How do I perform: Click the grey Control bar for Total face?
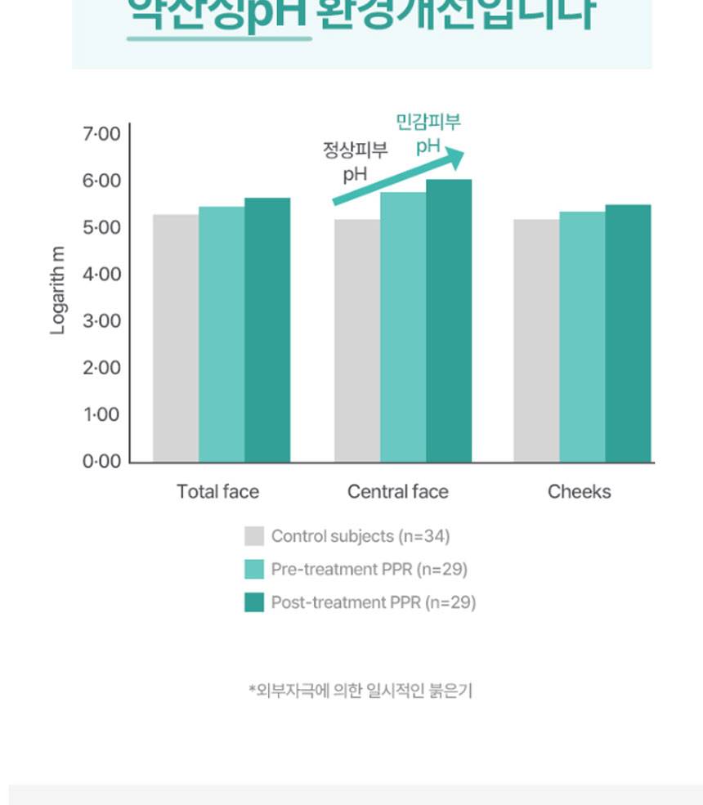(x=176, y=338)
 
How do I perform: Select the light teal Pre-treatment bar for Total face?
(x=222, y=334)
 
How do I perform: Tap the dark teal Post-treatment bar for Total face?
(x=267, y=330)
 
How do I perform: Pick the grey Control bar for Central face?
(x=357, y=341)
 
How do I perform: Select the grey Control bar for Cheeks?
(x=536, y=341)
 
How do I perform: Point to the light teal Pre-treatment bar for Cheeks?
(x=582, y=337)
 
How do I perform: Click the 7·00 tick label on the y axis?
(x=101, y=133)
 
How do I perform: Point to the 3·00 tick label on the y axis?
(x=101, y=321)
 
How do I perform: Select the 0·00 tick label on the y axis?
(x=101, y=462)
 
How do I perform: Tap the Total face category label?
(x=217, y=492)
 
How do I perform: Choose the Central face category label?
(x=398, y=492)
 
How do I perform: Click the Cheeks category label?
(x=579, y=492)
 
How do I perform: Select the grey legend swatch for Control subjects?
(x=254, y=536)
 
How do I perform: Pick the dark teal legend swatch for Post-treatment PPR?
(x=254, y=603)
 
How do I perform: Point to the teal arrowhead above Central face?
(x=454, y=158)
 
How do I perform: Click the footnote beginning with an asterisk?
(x=360, y=691)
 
